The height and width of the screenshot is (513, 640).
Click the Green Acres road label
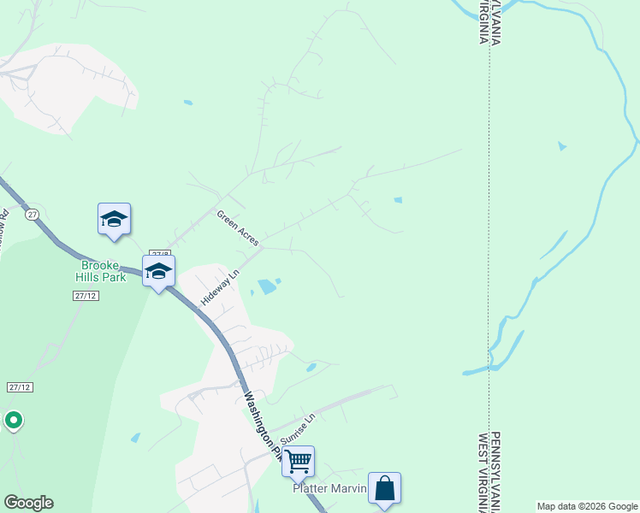point(237,228)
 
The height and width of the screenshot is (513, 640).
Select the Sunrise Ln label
point(299,428)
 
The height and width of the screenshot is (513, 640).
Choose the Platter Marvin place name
point(329,488)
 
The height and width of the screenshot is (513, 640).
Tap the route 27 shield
point(32,213)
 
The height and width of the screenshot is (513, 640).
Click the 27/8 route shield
point(160,254)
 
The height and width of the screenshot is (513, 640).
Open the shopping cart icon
point(298,462)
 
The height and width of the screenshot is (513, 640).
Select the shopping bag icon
point(384,489)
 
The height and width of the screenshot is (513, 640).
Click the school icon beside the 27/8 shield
point(158,272)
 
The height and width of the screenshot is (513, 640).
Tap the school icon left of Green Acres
point(114,220)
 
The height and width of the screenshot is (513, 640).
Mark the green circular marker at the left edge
point(13,420)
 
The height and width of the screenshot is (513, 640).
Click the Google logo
point(28,503)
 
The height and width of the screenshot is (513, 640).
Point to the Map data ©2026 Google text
point(587,506)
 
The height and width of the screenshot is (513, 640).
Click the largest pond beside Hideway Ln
point(267,286)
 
